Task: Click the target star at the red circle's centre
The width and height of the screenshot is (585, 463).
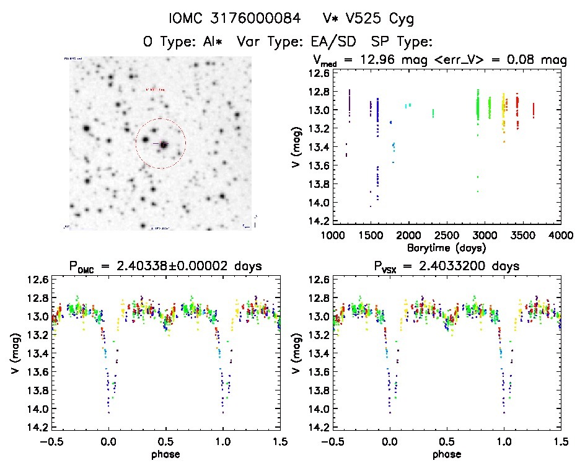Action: tap(164, 144)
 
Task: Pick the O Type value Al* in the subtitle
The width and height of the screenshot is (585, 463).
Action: tap(209, 42)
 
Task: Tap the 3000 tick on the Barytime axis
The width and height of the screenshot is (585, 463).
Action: tap(485, 235)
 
